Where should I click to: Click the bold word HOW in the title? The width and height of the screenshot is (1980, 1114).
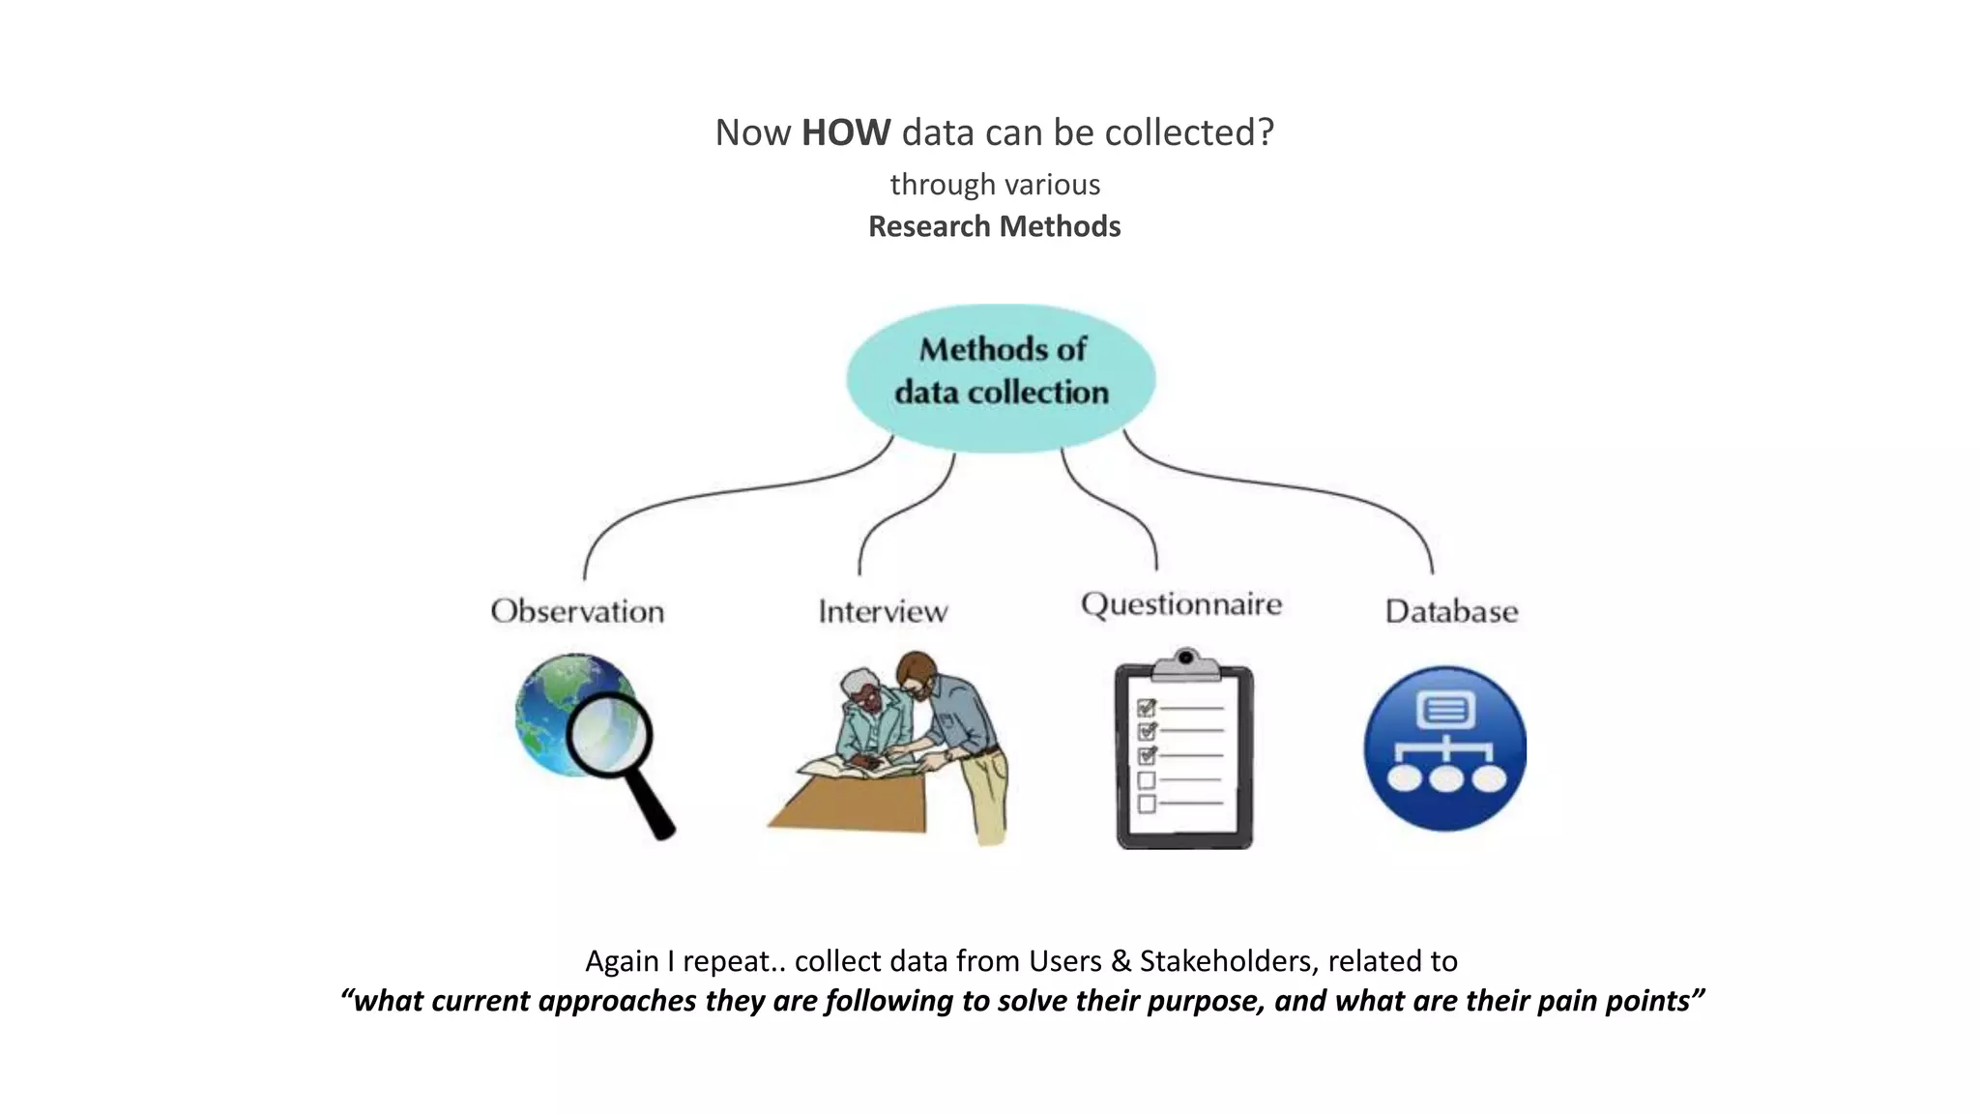845,132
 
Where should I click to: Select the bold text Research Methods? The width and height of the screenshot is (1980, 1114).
994,226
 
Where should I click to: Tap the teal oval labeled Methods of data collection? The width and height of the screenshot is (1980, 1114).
1001,377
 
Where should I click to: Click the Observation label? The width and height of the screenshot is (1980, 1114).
577,611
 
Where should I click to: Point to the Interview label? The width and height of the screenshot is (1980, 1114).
883,611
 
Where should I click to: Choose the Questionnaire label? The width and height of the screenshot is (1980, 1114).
1181,604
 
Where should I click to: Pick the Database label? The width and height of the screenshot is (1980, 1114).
1451,611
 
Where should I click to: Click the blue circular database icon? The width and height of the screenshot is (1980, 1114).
1444,748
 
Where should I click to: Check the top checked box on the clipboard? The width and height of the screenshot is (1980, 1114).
1147,708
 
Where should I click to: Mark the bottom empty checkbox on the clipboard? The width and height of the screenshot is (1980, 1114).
1147,804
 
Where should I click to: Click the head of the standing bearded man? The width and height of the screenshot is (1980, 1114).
916,673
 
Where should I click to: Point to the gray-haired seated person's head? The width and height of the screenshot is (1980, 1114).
859,689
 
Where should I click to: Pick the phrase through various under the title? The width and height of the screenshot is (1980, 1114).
995,184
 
